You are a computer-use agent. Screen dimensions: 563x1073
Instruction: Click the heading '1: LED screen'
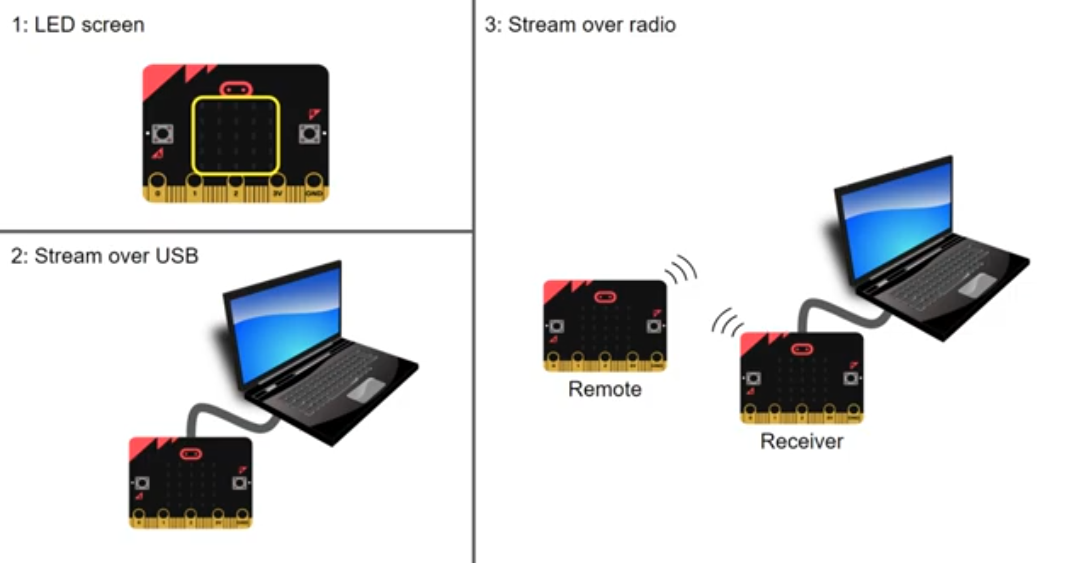coord(78,25)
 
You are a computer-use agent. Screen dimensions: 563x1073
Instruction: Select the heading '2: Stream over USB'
coord(105,256)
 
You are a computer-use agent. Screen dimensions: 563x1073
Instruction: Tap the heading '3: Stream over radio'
coord(580,25)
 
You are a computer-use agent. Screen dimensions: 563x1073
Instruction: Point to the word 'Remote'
coord(604,389)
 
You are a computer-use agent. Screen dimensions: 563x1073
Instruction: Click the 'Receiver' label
coord(801,441)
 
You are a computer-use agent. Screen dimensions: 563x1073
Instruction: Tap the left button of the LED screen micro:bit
coord(163,134)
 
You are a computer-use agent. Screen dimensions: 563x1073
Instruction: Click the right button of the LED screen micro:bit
coord(309,134)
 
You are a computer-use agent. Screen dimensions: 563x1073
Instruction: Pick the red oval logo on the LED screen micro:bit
coord(236,89)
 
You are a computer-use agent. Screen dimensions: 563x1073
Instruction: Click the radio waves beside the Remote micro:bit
coord(682,269)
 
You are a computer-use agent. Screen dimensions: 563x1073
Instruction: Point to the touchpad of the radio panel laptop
coord(977,283)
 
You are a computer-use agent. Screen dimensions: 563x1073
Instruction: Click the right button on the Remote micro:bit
coord(654,326)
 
